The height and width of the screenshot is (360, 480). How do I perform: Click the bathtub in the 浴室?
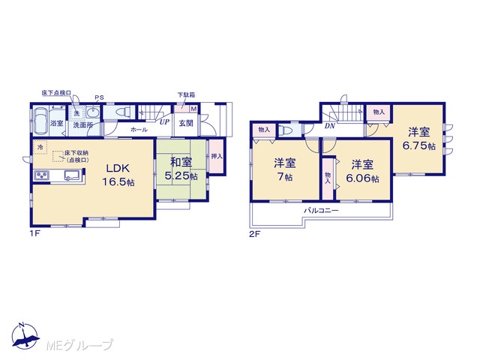[40, 121]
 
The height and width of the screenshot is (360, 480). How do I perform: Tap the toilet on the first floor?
[124, 112]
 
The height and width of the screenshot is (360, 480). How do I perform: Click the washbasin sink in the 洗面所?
[91, 112]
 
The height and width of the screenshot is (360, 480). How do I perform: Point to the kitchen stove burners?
[40, 175]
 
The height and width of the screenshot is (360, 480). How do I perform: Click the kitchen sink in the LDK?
[72, 175]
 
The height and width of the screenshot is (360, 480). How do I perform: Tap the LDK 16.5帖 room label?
[118, 175]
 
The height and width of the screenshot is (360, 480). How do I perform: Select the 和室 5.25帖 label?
[181, 169]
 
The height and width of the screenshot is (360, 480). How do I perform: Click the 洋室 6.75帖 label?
[418, 139]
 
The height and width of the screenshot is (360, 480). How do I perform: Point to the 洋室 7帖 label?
[285, 170]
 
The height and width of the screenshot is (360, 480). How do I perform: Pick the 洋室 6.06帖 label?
[362, 172]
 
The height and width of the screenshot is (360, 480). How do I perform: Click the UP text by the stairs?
[164, 121]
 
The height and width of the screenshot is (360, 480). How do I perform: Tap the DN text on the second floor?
[330, 125]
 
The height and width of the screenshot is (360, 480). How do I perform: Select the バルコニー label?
[321, 211]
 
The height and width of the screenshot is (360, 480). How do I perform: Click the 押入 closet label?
[217, 157]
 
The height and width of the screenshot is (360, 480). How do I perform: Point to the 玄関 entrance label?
[186, 123]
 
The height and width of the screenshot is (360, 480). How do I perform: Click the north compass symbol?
[25, 335]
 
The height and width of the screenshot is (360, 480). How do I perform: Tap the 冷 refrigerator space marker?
[40, 147]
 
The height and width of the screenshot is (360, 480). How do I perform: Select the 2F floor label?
[254, 234]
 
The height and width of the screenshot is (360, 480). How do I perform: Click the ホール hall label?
[139, 130]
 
